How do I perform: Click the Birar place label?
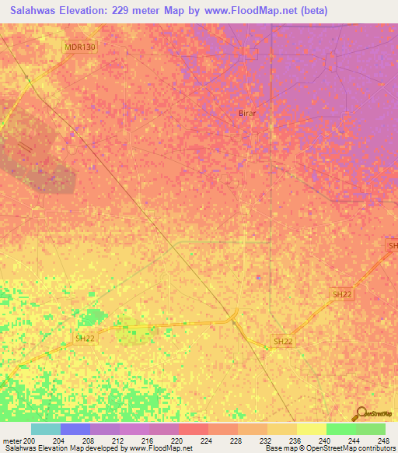[246, 113]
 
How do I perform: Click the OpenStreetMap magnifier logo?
[361, 413]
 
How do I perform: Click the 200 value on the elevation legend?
[30, 441]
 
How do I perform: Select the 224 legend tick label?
[207, 441]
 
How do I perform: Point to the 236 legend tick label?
[295, 441]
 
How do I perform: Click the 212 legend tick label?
[118, 441]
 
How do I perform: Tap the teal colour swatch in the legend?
[46, 429]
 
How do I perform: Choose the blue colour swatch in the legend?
[75, 429]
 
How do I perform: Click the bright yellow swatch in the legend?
[311, 429]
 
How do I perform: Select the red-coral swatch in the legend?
[194, 429]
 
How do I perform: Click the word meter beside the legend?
[12, 441]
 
